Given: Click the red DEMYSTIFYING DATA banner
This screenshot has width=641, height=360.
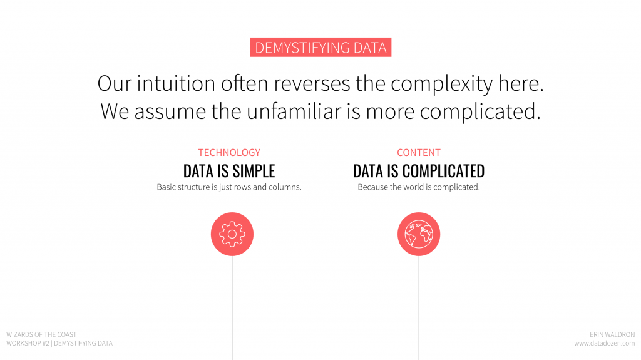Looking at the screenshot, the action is click(320, 47).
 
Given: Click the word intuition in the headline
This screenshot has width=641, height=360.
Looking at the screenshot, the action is click(176, 83).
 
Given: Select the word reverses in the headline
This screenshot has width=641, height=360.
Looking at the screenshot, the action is click(312, 83).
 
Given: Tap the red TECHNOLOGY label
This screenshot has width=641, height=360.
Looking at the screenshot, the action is click(229, 153).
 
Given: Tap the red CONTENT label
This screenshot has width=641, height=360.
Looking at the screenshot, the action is click(419, 153).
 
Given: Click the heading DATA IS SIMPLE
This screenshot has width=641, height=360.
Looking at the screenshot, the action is click(229, 171).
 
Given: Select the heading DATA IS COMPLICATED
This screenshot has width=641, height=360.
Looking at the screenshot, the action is click(419, 171).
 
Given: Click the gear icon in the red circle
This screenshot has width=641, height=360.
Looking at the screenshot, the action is click(232, 234).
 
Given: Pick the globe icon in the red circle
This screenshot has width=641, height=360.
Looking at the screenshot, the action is click(419, 234).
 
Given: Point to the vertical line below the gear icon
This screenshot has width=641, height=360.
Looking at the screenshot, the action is click(232, 307).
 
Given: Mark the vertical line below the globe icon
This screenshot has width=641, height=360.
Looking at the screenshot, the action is click(419, 307).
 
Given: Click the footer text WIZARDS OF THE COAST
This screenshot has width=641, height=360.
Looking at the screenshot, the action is click(41, 334).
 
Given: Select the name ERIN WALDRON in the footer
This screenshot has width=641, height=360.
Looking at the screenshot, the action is click(612, 334).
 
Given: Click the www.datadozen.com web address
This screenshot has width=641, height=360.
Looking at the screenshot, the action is click(604, 343).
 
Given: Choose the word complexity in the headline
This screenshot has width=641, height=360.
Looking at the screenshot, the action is click(442, 83).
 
